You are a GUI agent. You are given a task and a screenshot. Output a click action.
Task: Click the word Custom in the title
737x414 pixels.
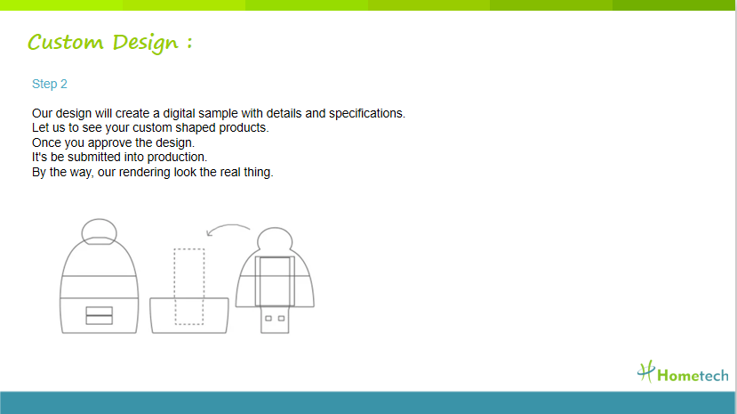65,42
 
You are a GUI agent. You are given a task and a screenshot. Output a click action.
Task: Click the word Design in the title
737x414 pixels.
146,44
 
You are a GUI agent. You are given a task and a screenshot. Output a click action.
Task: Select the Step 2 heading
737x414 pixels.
50,84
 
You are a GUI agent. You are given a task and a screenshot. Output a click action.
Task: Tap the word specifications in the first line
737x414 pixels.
366,114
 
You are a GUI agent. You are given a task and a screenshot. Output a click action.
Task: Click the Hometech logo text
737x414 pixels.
693,376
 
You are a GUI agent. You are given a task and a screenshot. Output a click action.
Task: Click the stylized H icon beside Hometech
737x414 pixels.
646,371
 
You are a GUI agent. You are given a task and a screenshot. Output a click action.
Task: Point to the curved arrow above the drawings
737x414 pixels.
228,226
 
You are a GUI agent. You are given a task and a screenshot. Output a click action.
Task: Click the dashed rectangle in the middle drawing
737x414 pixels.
174,287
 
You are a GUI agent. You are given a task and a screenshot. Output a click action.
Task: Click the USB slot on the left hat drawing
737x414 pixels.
100,316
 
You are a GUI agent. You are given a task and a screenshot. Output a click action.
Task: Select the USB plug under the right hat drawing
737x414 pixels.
275,320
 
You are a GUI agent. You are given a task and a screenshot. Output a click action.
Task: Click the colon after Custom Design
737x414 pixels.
189,43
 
